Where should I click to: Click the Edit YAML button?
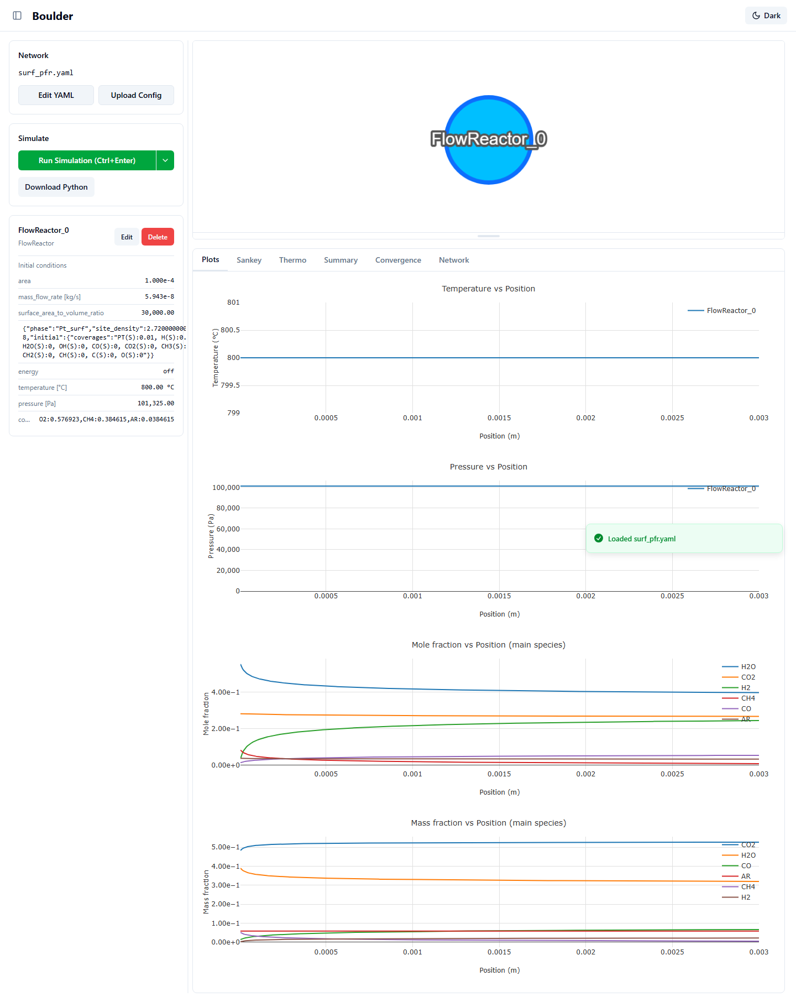pyautogui.click(x=56, y=95)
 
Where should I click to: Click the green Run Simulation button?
pyautogui.click(x=87, y=160)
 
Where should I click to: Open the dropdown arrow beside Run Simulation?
pyautogui.click(x=165, y=160)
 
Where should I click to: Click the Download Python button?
pyautogui.click(x=56, y=187)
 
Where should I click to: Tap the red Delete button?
pyautogui.click(x=158, y=237)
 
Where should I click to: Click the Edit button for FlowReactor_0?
pyautogui.click(x=127, y=237)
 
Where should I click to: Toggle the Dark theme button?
pyautogui.click(x=766, y=15)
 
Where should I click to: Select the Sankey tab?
pyautogui.click(x=249, y=260)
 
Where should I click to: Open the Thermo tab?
pyautogui.click(x=292, y=260)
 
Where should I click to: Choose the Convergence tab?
pyautogui.click(x=398, y=260)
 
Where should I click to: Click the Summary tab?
pyautogui.click(x=341, y=260)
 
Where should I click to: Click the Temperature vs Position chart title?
pyautogui.click(x=489, y=289)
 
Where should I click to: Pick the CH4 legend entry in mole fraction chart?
pyautogui.click(x=739, y=698)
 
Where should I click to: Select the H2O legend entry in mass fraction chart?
pyautogui.click(x=739, y=855)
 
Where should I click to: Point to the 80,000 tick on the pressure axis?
pyautogui.click(x=228, y=508)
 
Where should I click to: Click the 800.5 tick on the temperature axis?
pyautogui.click(x=230, y=330)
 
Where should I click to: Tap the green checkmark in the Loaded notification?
pyautogui.click(x=599, y=538)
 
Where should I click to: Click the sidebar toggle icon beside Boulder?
pyautogui.click(x=17, y=15)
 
